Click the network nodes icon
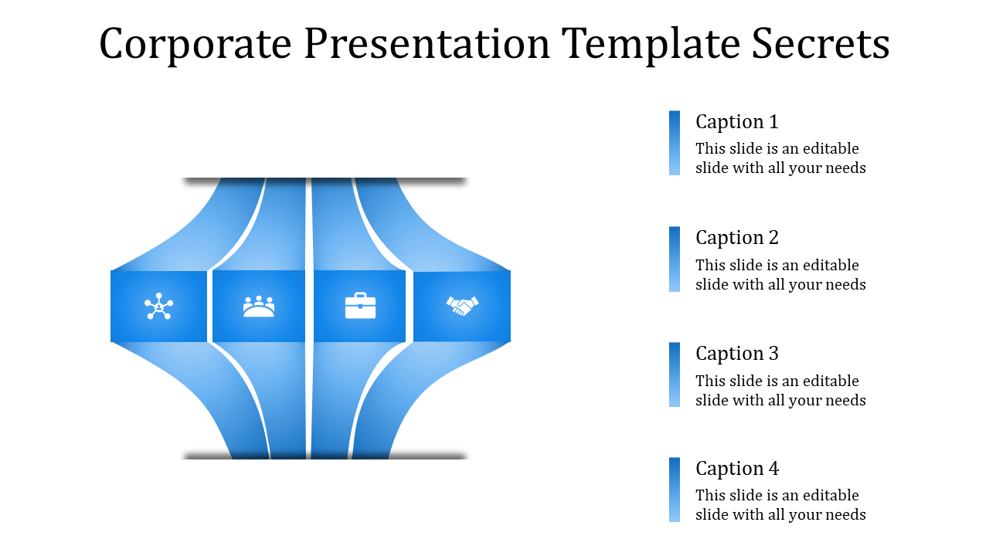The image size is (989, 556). [158, 307]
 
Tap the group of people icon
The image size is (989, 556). [259, 307]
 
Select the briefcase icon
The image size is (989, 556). [360, 306]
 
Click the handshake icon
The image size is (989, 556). [462, 306]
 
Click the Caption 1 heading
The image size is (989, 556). [736, 122]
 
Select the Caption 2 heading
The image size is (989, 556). [736, 238]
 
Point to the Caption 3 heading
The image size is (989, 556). [736, 354]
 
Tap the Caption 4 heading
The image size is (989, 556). [736, 469]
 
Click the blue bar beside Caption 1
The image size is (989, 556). [675, 143]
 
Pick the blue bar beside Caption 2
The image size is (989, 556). [675, 259]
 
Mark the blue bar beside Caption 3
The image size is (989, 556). [675, 375]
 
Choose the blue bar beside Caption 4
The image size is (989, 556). [675, 490]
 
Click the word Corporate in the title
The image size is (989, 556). [195, 44]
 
